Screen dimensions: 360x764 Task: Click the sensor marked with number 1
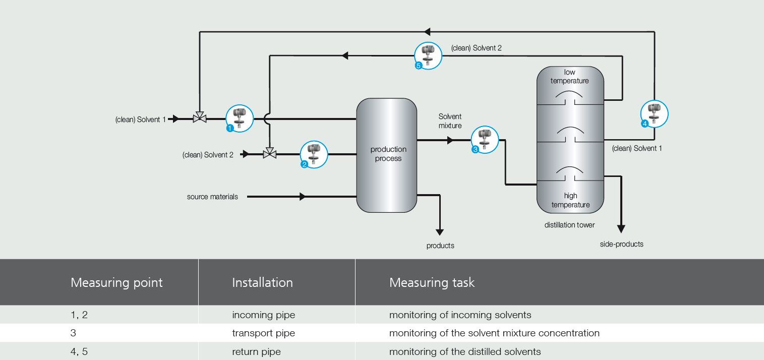pyautogui.click(x=239, y=118)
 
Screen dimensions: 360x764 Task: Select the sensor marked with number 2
pyautogui.click(x=314, y=154)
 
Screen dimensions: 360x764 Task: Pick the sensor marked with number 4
pyautogui.click(x=654, y=114)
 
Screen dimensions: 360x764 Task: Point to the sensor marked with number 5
pyautogui.click(x=428, y=55)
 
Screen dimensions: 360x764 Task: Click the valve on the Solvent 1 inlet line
pyautogui.click(x=200, y=118)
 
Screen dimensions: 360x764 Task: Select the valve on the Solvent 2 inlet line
pyautogui.click(x=270, y=154)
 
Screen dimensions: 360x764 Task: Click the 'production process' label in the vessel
pyautogui.click(x=388, y=154)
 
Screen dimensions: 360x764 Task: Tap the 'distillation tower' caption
pyautogui.click(x=569, y=225)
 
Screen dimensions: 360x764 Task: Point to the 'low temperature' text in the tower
pyautogui.click(x=569, y=77)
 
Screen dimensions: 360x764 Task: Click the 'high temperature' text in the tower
pyautogui.click(x=570, y=200)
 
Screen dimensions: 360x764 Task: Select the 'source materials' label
pyautogui.click(x=212, y=197)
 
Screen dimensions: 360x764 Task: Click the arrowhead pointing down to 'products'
pyautogui.click(x=440, y=232)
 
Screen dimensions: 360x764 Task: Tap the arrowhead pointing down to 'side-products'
pyautogui.click(x=621, y=229)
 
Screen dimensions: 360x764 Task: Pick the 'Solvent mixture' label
pyautogui.click(x=450, y=121)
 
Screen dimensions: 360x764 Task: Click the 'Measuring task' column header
pyautogui.click(x=432, y=282)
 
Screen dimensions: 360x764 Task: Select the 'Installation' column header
pyautogui.click(x=262, y=282)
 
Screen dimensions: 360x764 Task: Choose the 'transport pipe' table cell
pyautogui.click(x=263, y=333)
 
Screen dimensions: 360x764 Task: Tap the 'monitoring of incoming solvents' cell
pyautogui.click(x=460, y=315)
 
